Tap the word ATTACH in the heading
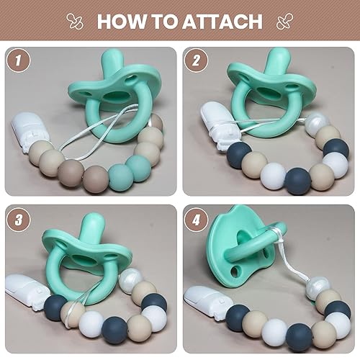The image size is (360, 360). pos(216,21)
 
